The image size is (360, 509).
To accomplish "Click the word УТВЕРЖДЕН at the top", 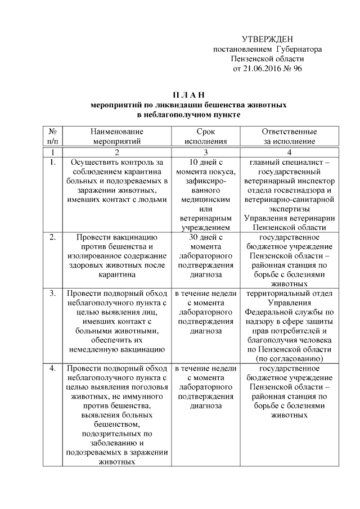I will (x=267, y=39).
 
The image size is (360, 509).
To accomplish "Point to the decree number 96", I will (x=298, y=69).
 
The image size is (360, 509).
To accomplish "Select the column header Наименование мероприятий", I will (x=116, y=136).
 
